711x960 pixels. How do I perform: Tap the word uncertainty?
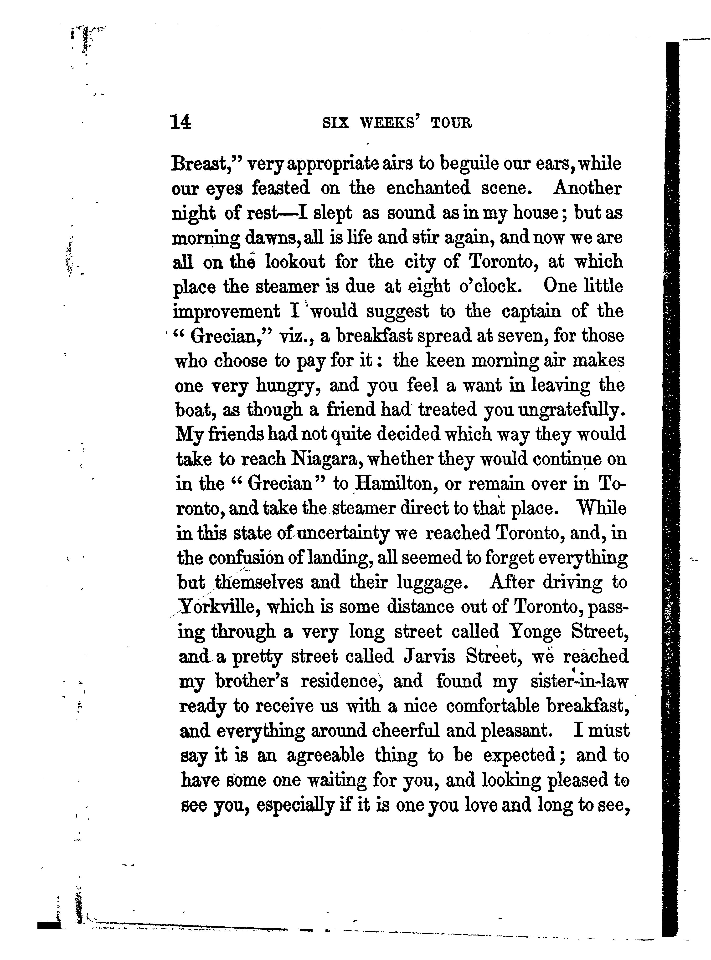(x=343, y=533)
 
